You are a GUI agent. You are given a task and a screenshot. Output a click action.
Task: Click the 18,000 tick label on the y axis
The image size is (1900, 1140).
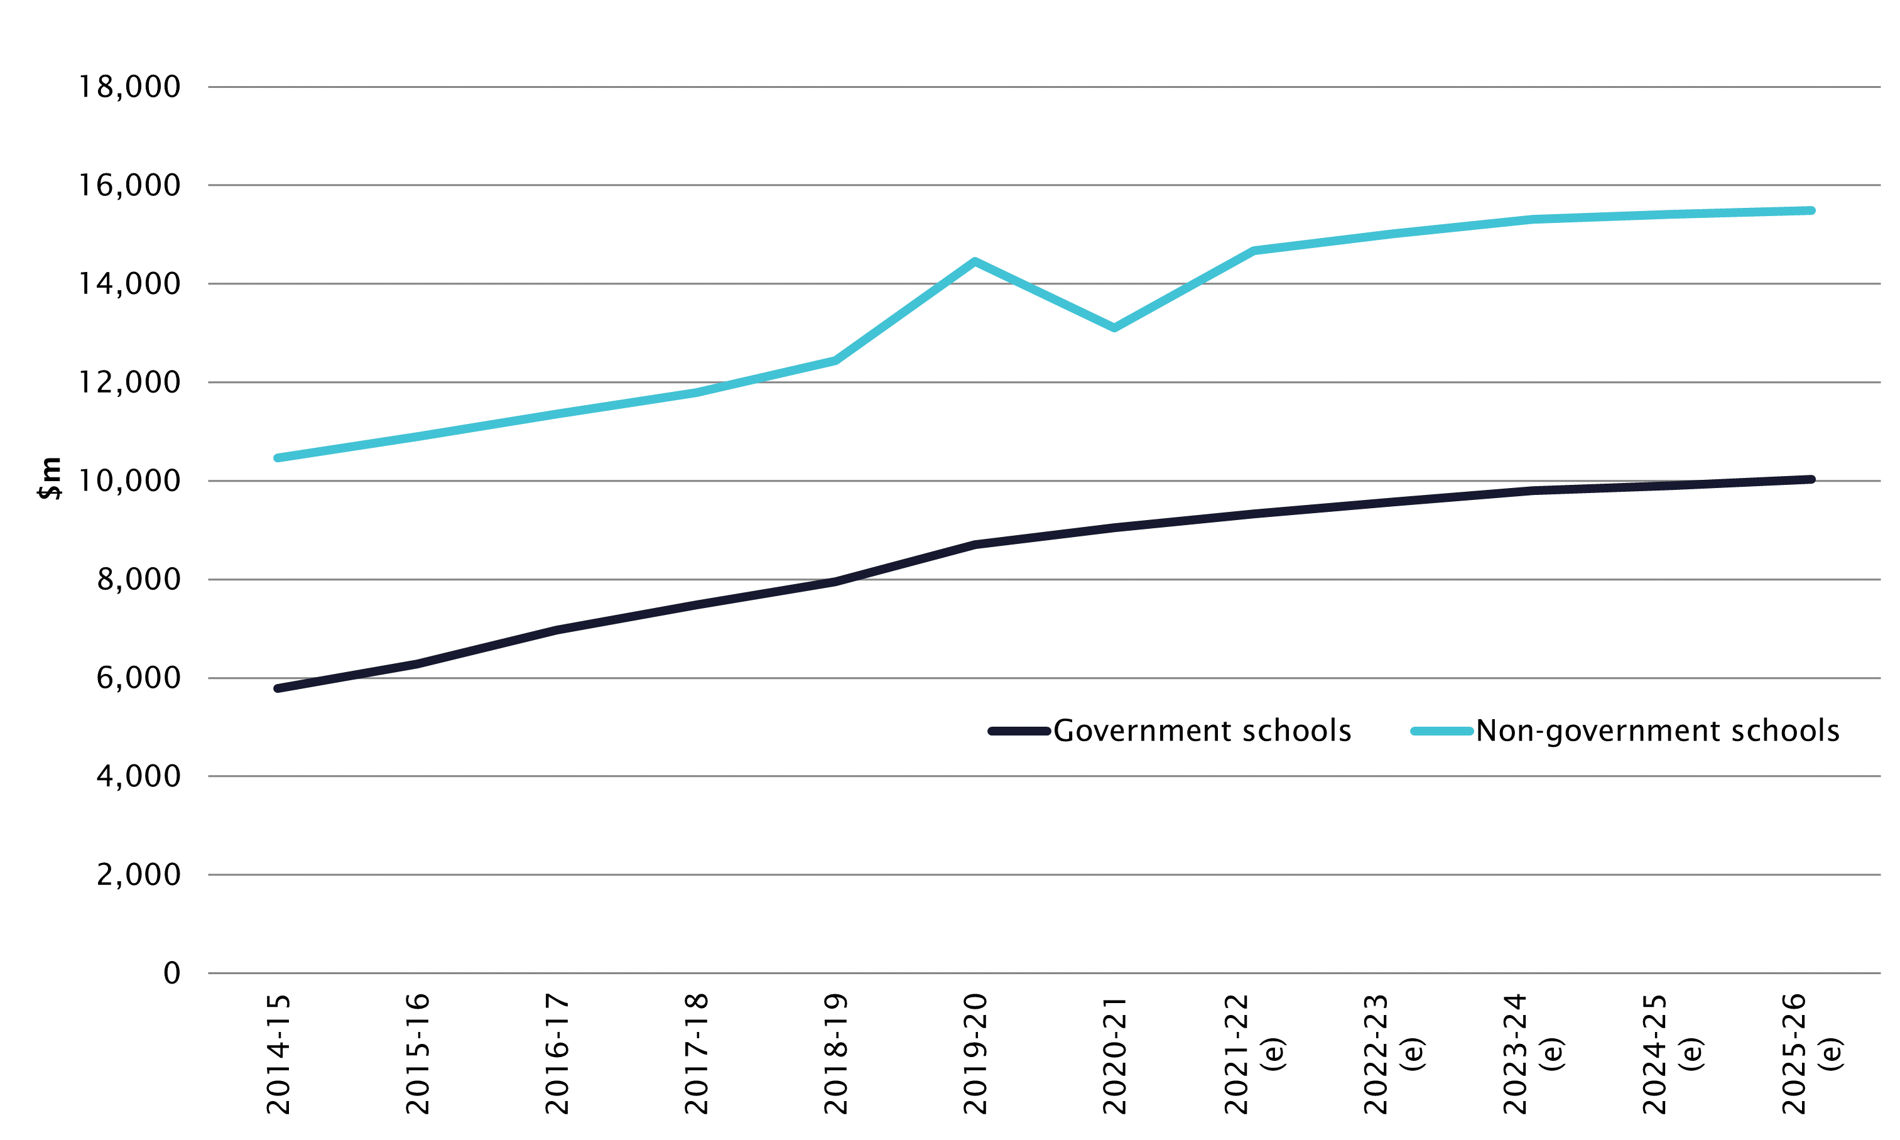[x=129, y=87]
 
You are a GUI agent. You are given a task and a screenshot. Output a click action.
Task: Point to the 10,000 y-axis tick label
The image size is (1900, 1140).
[x=129, y=481]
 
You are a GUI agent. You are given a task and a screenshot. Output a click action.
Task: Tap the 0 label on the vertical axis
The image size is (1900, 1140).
[x=172, y=974]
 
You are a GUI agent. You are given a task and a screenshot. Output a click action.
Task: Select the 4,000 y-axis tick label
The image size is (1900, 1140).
[x=138, y=776]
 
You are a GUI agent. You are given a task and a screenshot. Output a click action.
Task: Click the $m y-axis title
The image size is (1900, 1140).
[x=50, y=478]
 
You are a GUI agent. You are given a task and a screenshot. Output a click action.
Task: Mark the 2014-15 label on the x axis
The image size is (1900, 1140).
[x=278, y=1053]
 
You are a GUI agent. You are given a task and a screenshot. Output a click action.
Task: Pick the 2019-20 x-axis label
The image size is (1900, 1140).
[x=975, y=1053]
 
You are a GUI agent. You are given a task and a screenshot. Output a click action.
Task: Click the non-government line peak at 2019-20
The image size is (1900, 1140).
[x=975, y=261]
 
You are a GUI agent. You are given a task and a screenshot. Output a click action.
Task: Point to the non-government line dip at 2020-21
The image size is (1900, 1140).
[x=1114, y=328]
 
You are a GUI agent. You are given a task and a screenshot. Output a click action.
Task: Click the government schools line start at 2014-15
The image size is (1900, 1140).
[x=278, y=688]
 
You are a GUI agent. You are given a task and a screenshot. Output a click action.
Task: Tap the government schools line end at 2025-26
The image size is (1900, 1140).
[x=1811, y=479]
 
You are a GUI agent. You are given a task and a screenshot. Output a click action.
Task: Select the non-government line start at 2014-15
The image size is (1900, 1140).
[x=278, y=458]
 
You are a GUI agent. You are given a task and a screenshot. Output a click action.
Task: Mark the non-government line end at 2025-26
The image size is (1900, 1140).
[x=1811, y=210]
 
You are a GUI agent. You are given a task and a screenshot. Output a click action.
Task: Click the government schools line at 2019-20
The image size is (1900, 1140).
[x=975, y=544]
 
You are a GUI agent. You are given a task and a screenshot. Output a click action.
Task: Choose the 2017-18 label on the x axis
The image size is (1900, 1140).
[x=697, y=1053]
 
